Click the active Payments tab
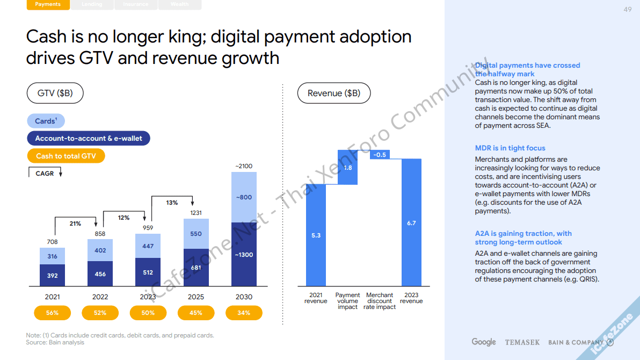click(48, 4)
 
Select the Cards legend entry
click(46, 121)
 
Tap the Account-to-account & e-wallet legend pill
click(89, 138)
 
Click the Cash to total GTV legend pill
click(66, 156)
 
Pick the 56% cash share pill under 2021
click(53, 313)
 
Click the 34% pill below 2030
click(244, 313)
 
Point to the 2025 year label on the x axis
click(196, 297)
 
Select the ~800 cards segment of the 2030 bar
click(244, 197)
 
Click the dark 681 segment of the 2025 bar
click(196, 267)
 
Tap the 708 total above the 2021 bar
click(52, 242)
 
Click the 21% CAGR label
click(75, 224)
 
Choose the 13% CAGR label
click(172, 203)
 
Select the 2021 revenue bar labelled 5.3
click(316, 235)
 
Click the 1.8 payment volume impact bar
click(347, 168)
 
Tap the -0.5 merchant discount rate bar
click(380, 155)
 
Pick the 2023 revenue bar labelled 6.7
click(411, 222)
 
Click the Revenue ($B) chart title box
click(334, 93)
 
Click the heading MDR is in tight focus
click(510, 148)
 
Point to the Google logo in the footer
click(484, 342)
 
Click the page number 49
click(628, 10)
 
